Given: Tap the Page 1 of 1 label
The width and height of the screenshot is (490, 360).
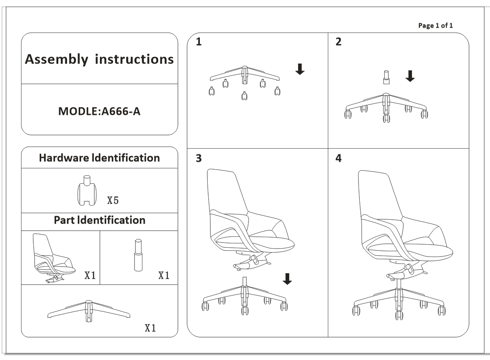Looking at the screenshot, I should pos(436,25).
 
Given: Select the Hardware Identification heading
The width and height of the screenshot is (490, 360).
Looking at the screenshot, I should pos(99,158).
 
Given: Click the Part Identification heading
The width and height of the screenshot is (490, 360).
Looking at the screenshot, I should pos(99,220).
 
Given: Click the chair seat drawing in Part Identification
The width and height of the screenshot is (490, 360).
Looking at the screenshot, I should pos(53,259).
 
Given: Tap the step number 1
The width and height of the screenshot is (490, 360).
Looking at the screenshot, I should pos(199,43).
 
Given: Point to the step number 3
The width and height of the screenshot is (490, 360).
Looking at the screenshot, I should pos(199,158).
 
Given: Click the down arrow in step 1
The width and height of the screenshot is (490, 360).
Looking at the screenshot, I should pos(300,69).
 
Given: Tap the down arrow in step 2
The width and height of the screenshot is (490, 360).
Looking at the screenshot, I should pos(410,76).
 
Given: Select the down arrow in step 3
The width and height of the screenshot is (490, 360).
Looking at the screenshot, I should pos(288,279).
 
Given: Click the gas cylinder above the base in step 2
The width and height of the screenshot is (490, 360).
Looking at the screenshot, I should pos(386,77).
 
